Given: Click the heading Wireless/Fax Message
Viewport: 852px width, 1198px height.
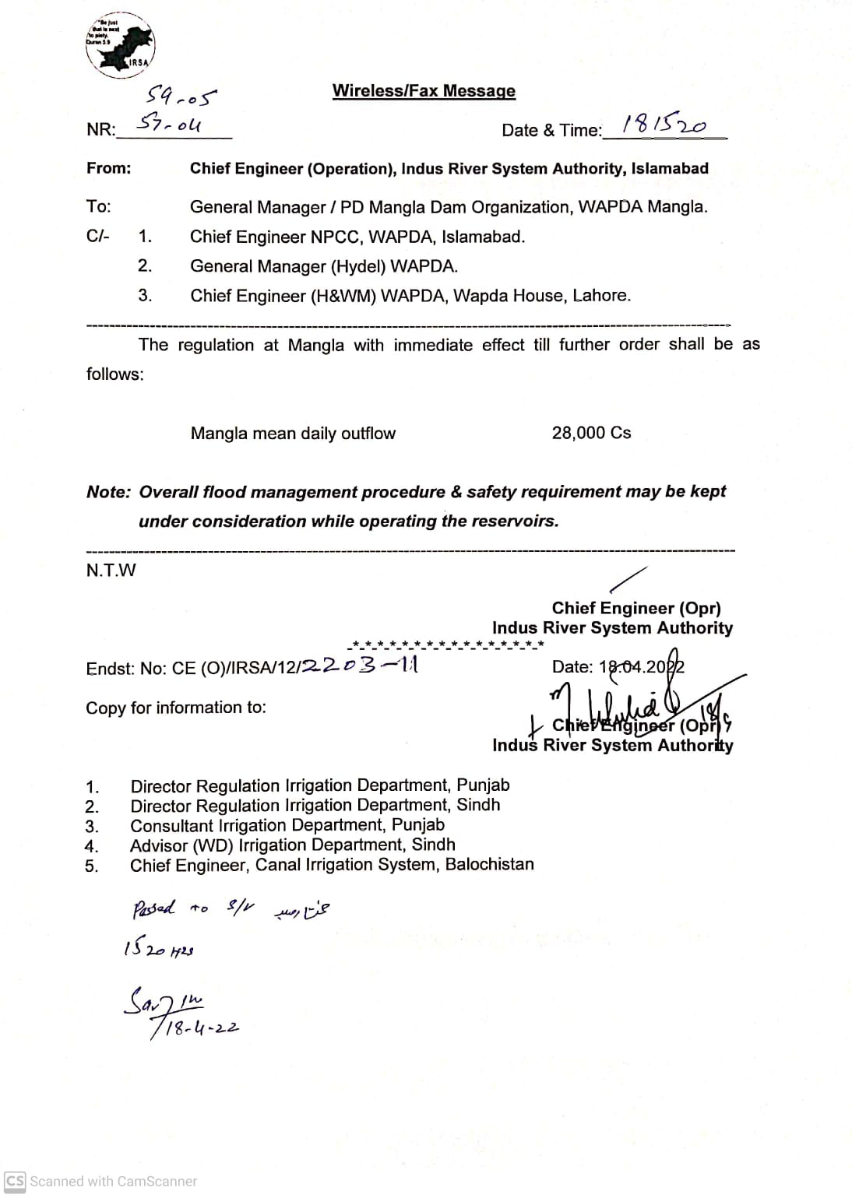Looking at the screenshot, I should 424,91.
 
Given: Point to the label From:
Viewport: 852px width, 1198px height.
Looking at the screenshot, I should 108,168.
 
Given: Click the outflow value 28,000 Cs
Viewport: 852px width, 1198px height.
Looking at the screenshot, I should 591,433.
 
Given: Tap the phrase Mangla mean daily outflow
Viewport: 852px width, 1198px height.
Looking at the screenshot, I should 293,434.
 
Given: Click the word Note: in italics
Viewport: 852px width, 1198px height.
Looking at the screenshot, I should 108,492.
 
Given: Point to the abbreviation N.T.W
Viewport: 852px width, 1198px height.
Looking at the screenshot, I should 111,571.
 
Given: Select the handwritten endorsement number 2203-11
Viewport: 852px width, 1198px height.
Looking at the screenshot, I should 360,665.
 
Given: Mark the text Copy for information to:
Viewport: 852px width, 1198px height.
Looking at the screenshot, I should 176,708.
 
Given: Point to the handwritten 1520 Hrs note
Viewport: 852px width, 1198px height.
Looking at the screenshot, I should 158,950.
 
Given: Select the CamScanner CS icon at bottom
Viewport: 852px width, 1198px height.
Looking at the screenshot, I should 15,1181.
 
